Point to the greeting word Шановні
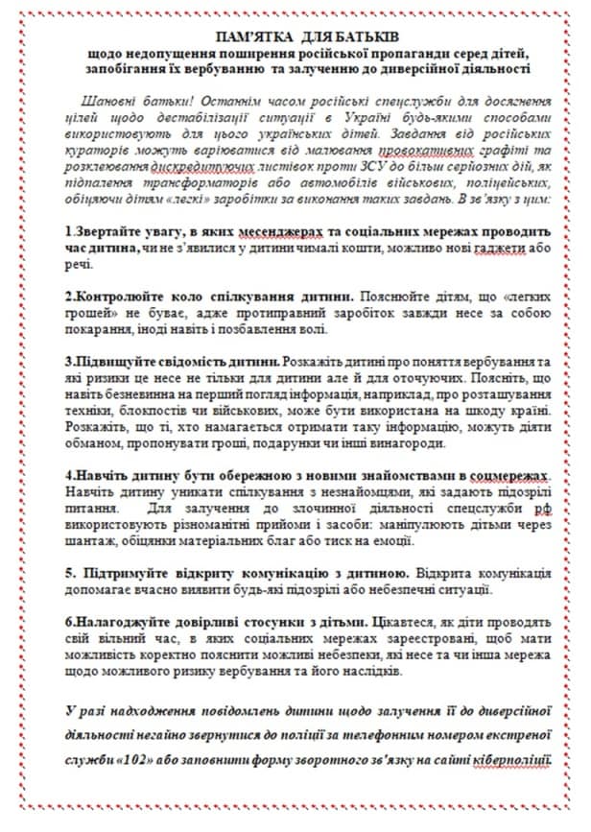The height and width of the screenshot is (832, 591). (x=109, y=102)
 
